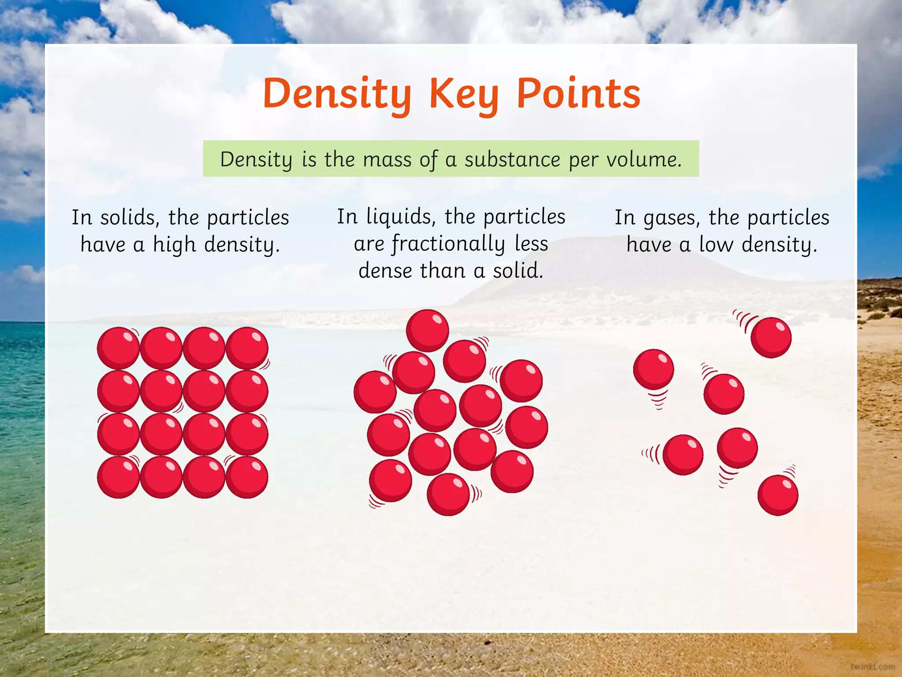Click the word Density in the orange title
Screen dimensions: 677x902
[x=337, y=94]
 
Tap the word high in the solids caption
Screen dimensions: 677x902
[x=174, y=245]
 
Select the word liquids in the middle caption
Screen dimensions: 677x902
[x=401, y=217]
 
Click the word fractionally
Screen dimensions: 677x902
[x=448, y=244]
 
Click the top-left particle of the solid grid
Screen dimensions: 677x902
[x=118, y=348]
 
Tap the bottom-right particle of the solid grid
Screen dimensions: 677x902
[x=247, y=477]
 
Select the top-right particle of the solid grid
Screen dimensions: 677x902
[x=247, y=348]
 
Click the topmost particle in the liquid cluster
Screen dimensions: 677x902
[x=427, y=331]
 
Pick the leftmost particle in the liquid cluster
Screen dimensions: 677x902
[x=375, y=392]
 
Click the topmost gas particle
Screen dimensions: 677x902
[x=771, y=337]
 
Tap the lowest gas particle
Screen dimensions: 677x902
[x=778, y=495]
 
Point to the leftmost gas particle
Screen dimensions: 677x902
[x=654, y=369]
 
